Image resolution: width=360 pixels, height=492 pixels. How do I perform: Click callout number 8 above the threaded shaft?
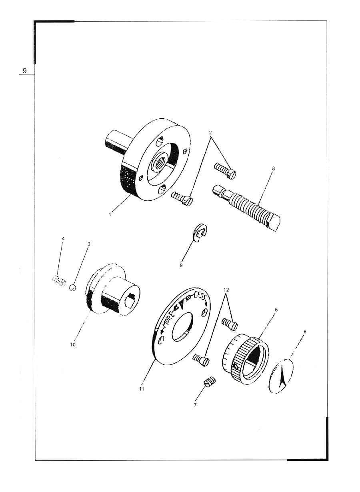(273, 168)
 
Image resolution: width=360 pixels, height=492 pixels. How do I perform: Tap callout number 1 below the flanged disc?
(110, 214)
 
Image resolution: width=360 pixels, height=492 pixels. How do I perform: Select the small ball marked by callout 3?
(72, 288)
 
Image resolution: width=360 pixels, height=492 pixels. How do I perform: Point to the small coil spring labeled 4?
(59, 281)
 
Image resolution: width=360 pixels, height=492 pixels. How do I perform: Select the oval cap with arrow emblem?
(281, 376)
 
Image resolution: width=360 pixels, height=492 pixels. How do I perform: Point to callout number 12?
(226, 290)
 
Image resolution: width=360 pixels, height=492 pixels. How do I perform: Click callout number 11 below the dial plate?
(142, 389)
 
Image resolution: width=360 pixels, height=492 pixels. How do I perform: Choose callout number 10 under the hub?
(73, 345)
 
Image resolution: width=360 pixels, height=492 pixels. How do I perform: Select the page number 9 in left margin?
(24, 71)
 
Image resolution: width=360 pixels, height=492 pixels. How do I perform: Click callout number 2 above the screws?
(210, 133)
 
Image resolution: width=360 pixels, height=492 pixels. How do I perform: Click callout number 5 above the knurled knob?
(276, 310)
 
